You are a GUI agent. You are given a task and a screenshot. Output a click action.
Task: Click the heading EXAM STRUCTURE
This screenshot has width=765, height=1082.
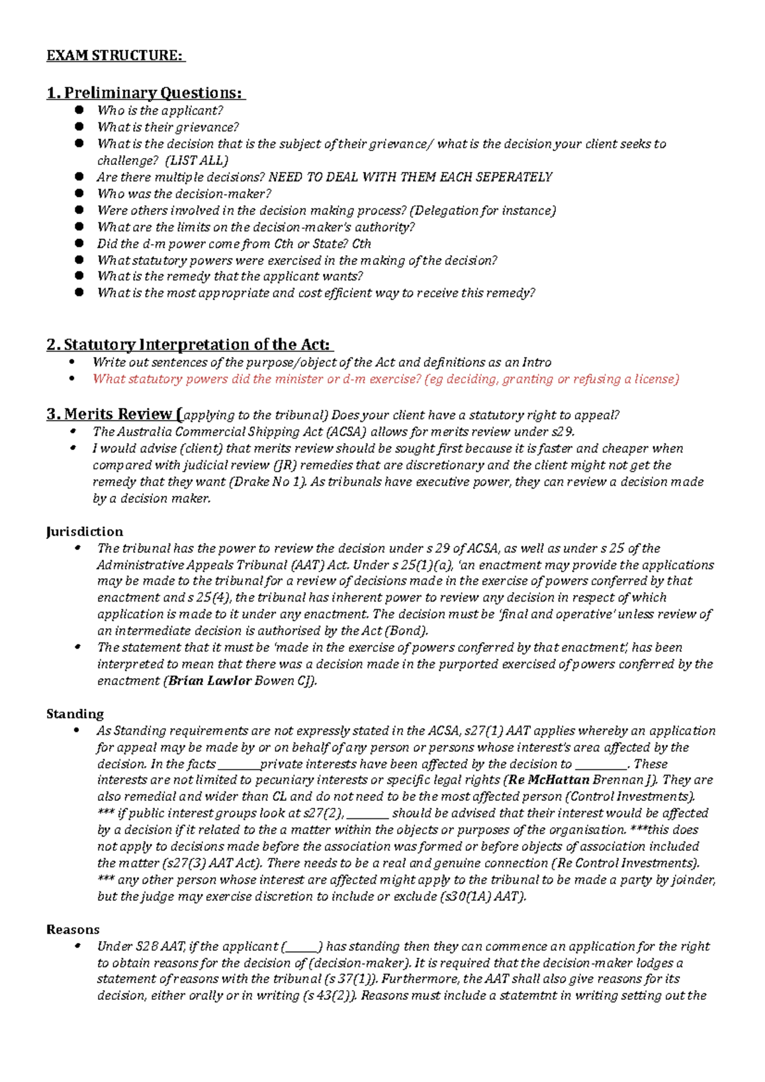115,55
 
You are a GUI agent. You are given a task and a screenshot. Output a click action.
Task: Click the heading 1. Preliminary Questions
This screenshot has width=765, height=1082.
145,93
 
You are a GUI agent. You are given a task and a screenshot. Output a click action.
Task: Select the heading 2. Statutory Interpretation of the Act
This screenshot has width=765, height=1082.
189,345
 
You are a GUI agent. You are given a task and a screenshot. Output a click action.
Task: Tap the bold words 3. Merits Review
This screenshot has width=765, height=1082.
110,414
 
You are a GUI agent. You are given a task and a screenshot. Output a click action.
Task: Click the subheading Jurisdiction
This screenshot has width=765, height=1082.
84,531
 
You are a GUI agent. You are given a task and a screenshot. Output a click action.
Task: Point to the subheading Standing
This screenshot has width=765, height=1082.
75,714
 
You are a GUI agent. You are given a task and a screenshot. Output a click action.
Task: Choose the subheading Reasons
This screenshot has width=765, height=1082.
73,929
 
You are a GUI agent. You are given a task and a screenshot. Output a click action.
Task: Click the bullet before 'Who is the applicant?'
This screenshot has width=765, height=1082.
79,110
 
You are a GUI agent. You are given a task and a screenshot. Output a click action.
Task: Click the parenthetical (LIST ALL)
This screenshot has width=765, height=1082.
196,161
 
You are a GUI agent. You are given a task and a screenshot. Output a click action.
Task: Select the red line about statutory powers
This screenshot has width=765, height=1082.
386,379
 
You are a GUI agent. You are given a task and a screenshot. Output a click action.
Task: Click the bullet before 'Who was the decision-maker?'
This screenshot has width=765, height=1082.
79,193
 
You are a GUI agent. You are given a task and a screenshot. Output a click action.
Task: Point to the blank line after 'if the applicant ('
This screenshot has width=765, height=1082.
303,947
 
